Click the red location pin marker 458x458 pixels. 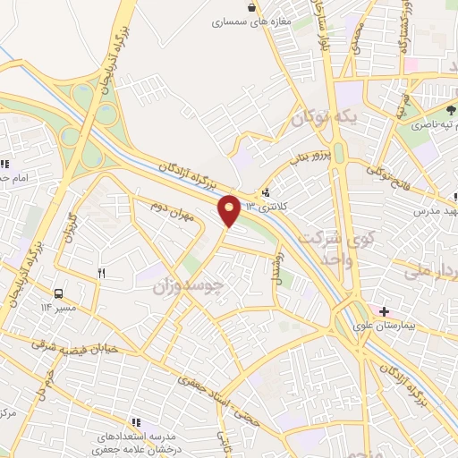pyautogui.click(x=230, y=210)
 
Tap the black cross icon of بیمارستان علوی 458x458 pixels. pyautogui.click(x=384, y=311)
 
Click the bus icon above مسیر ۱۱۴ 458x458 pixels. pyautogui.click(x=59, y=293)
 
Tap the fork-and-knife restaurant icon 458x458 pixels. pyautogui.click(x=101, y=274)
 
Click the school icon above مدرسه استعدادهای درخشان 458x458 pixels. pyautogui.click(x=137, y=421)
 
